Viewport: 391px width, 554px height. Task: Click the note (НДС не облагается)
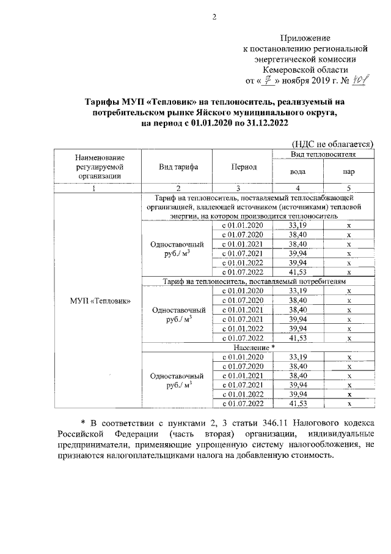(x=332, y=144)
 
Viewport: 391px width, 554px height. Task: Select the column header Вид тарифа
(x=177, y=167)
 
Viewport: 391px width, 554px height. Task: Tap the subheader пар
(x=348, y=172)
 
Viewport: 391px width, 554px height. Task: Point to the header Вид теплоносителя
(x=323, y=155)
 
